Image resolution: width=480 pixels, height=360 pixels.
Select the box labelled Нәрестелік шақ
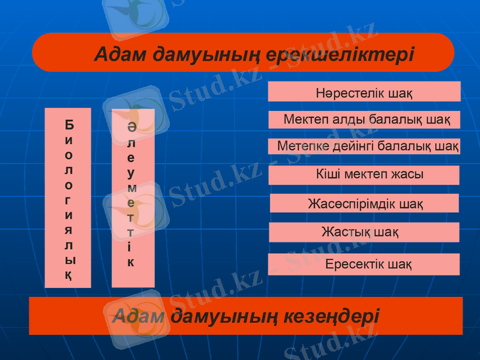pyautogui.click(x=364, y=93)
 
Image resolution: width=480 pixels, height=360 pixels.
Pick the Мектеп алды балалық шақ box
pyautogui.click(x=364, y=119)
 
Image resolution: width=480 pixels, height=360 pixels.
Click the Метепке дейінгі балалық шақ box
pyautogui.click(x=364, y=146)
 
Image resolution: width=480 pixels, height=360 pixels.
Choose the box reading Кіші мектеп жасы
pyautogui.click(x=364, y=175)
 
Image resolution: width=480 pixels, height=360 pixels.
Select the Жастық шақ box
pyautogui.click(x=364, y=232)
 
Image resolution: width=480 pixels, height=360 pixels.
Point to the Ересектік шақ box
pyautogui.click(x=364, y=264)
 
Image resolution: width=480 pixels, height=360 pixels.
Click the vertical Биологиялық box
pyautogui.click(x=68, y=198)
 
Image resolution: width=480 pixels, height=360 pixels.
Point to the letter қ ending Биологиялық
pyautogui.click(x=70, y=275)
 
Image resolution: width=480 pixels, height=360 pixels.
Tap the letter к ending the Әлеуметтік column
pyautogui.click(x=131, y=262)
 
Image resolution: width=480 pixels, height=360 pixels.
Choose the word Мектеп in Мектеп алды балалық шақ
pyautogui.click(x=304, y=119)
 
